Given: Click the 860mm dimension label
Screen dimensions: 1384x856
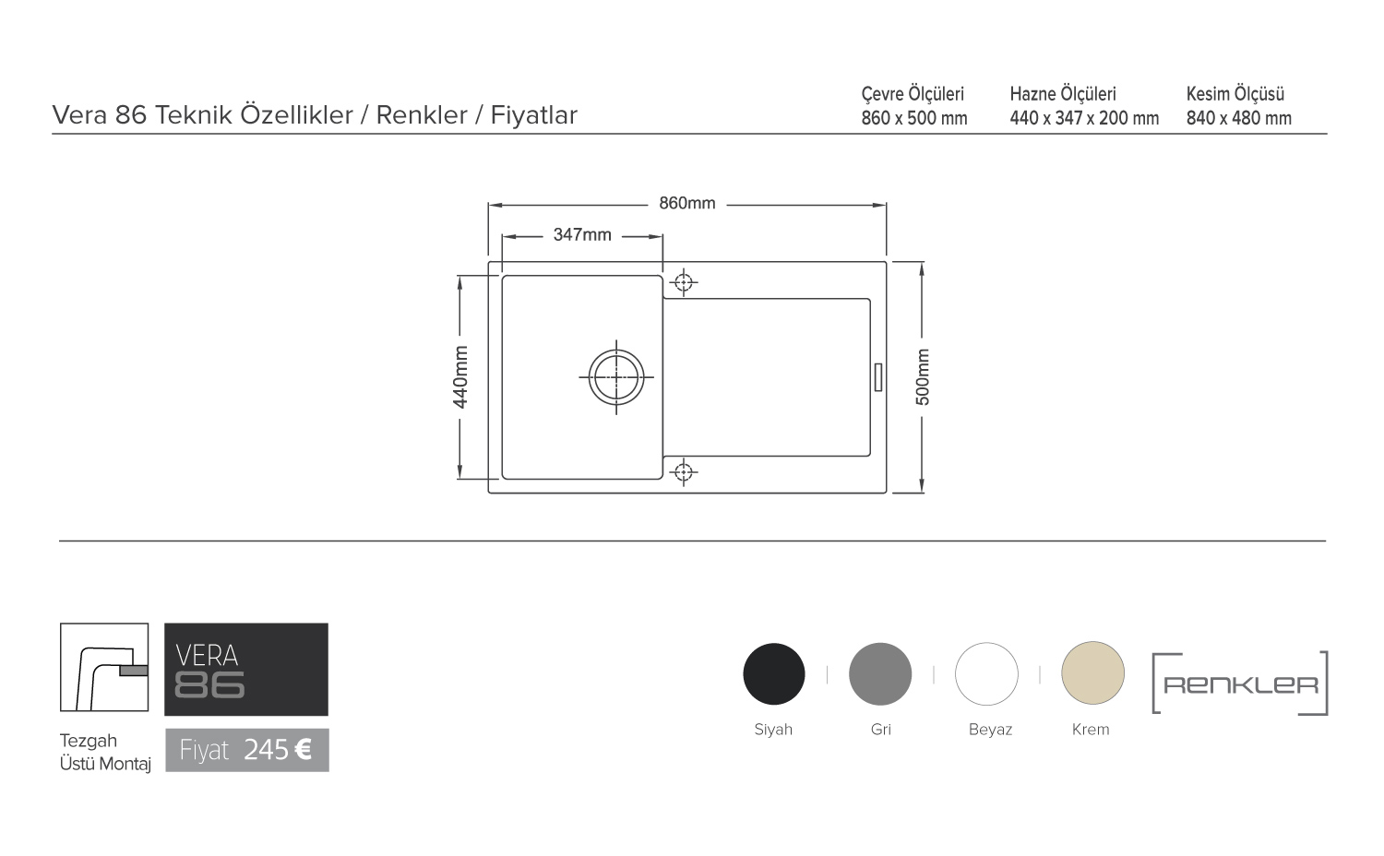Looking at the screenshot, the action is coord(687,203).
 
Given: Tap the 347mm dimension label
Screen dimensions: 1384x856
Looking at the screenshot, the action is coord(582,234).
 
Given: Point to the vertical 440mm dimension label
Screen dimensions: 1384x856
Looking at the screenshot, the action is coord(460,377).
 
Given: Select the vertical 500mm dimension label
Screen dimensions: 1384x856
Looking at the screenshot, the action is coord(922,377).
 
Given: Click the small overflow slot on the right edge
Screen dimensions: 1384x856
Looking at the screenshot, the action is coord(878,377).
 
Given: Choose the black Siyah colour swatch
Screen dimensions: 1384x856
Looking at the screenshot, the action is coord(773,673).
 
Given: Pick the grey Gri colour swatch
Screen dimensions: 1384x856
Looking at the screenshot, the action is coord(880,673).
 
